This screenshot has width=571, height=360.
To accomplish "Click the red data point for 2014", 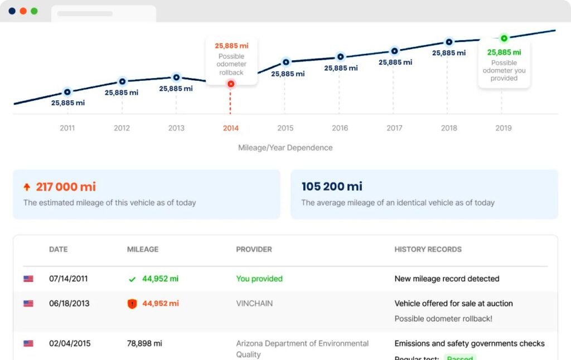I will pyautogui.click(x=231, y=84).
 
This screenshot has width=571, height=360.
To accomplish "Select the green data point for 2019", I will pyautogui.click(x=504, y=38).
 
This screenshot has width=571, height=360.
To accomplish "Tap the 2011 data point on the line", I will pyautogui.click(x=67, y=92).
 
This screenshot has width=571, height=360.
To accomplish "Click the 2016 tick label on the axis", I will pyautogui.click(x=340, y=128).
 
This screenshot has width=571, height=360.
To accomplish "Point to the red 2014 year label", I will pyautogui.click(x=231, y=128).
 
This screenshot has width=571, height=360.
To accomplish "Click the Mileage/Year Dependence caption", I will pyautogui.click(x=285, y=148).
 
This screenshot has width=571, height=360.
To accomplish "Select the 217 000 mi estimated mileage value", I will pyautogui.click(x=66, y=187).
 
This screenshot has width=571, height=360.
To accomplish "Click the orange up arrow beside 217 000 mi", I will pyautogui.click(x=26, y=187).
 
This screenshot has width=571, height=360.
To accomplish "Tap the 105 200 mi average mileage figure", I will pyautogui.click(x=332, y=187).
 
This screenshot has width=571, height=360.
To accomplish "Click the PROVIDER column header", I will pyautogui.click(x=254, y=249).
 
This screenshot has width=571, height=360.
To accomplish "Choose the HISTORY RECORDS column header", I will pyautogui.click(x=428, y=249).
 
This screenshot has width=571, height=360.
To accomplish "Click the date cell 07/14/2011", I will pyautogui.click(x=68, y=279).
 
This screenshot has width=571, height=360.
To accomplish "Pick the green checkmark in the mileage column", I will pyautogui.click(x=132, y=279).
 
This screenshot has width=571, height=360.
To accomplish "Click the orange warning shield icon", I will pyautogui.click(x=132, y=304).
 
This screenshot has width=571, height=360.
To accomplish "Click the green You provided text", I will pyautogui.click(x=259, y=279).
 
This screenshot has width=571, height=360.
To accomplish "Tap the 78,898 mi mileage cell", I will pyautogui.click(x=144, y=343).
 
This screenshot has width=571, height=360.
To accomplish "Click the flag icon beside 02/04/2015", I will pyautogui.click(x=28, y=343).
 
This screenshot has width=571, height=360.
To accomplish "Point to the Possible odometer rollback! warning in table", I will pyautogui.click(x=443, y=319).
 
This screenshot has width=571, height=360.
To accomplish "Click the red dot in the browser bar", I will pyautogui.click(x=23, y=11).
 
